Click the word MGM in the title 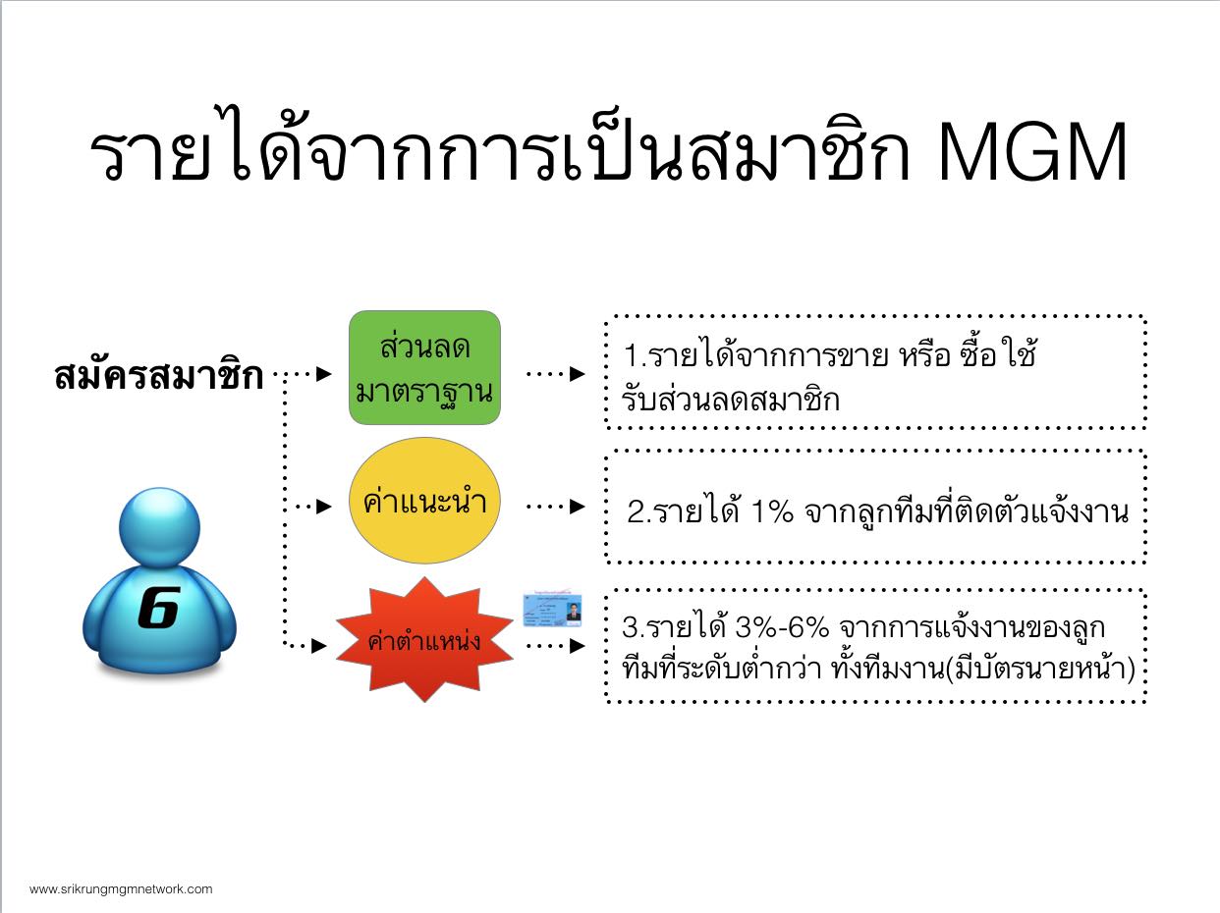coord(1032,152)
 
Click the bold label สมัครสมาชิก coord(158,375)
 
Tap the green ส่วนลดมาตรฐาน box coord(424,367)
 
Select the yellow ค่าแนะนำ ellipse coord(424,501)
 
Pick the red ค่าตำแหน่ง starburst coord(424,640)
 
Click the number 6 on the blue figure coord(158,608)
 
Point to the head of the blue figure coord(159,527)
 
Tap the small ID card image coord(552,610)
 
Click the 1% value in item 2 coord(771,511)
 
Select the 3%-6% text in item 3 coord(781,627)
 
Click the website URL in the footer coord(121,889)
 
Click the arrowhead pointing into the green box coord(323,374)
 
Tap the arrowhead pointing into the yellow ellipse coord(323,506)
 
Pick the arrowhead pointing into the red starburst coord(318,645)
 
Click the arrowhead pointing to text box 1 coord(578,374)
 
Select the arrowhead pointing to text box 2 coord(578,506)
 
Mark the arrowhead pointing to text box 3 coord(578,645)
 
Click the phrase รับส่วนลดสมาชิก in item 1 coord(731,399)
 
